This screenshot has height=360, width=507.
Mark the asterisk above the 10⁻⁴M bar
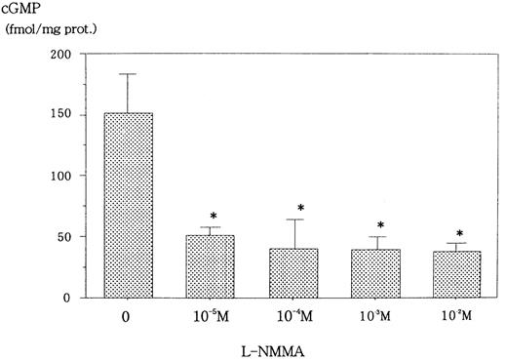(x=301, y=208)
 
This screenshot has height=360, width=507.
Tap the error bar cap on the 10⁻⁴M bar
(x=301, y=220)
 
